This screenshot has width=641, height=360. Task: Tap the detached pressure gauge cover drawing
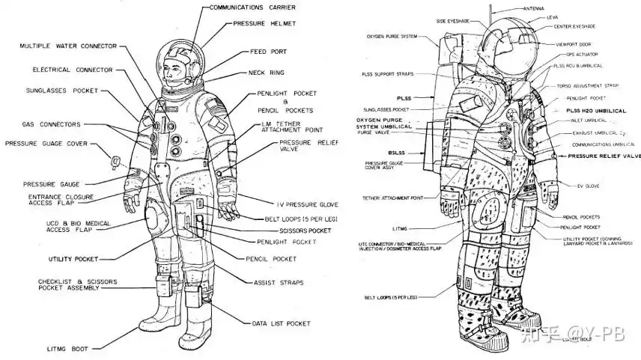pos(115,161)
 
